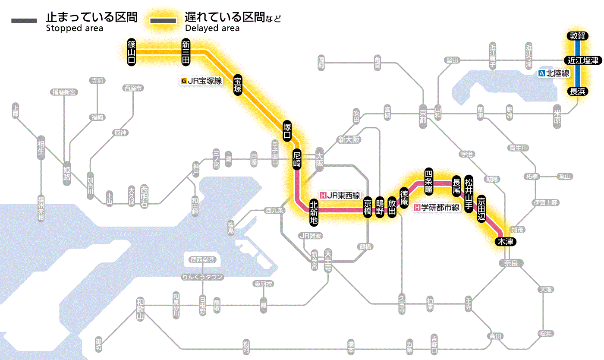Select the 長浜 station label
(x=577, y=91)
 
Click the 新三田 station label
(x=186, y=52)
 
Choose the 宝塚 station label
(x=238, y=85)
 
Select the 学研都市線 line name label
(x=440, y=208)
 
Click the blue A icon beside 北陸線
(x=542, y=73)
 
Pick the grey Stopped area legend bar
(x=25, y=20)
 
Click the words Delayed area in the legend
(x=212, y=28)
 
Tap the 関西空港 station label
(x=202, y=260)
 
